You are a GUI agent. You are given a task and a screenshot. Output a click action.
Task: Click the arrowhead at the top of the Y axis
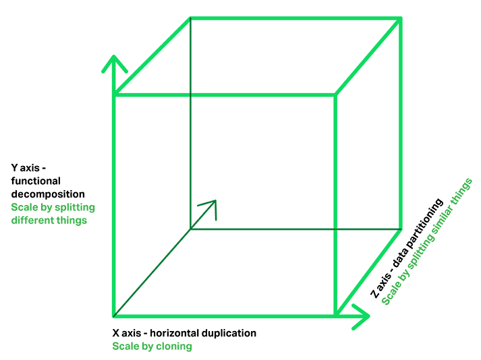click(115, 62)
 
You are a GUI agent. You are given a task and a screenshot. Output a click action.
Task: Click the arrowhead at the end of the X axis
click(363, 315)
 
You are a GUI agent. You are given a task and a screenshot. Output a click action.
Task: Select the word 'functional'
click(35, 181)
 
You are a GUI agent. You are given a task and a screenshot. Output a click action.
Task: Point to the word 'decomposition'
click(48, 194)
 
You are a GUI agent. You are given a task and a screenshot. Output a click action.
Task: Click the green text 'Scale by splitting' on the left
click(53, 207)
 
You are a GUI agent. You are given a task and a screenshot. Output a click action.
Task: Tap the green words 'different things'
click(49, 220)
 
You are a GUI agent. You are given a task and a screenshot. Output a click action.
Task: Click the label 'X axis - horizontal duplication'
click(184, 333)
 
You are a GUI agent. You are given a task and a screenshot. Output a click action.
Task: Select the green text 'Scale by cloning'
click(152, 346)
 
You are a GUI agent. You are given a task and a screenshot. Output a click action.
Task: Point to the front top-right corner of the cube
click(335, 95)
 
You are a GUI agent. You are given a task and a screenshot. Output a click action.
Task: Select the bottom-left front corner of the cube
click(115, 314)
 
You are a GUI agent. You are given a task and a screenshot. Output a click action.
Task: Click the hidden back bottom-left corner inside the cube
click(190, 229)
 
